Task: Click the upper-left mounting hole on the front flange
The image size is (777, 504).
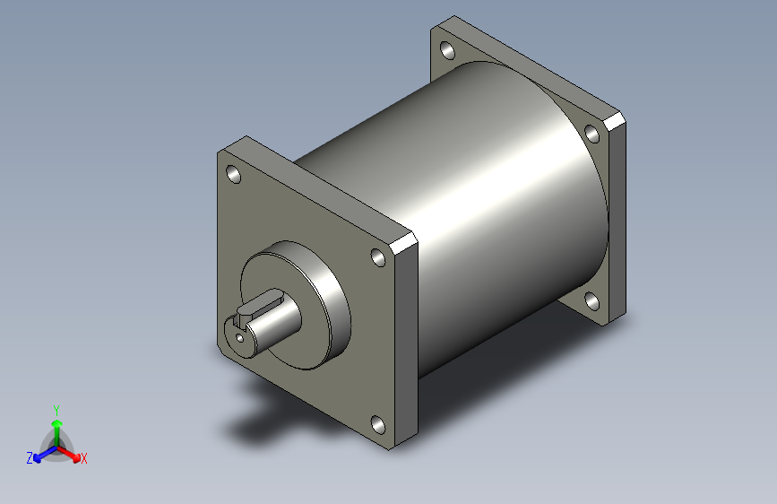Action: click(x=233, y=174)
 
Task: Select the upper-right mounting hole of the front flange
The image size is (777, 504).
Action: click(x=378, y=257)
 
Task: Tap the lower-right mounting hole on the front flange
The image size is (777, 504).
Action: click(x=378, y=425)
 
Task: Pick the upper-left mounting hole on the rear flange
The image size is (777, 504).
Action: click(x=447, y=50)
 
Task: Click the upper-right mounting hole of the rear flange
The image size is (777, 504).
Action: click(x=592, y=134)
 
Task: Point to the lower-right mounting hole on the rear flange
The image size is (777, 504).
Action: click(x=591, y=301)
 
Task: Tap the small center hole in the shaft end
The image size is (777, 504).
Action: click(x=240, y=338)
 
